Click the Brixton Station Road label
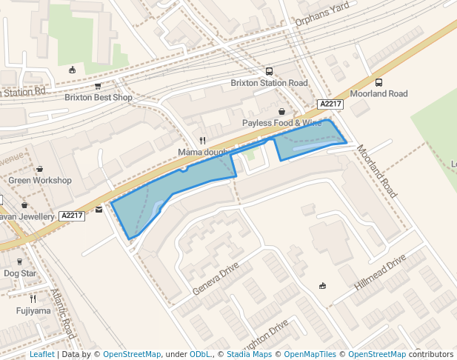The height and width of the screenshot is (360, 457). coord(269,83)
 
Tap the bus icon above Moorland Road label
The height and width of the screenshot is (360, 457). coord(379,82)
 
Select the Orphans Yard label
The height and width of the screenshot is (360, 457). coord(321,22)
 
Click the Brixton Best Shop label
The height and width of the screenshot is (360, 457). coord(98,97)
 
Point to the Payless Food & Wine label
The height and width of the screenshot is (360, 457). coord(282,122)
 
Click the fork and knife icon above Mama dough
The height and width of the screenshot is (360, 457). coord(202,140)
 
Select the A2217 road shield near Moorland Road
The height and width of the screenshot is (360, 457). coord(330,104)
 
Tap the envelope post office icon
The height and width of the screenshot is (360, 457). coord(99,210)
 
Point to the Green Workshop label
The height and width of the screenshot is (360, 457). coord(40,180)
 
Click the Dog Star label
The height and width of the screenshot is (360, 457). coord(20,273)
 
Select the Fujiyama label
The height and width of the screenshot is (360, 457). coord(33,310)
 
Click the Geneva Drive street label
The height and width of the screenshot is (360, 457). coord(216,278)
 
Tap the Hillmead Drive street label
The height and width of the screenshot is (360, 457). coord(381,273)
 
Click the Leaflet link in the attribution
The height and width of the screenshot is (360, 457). coord(41,354)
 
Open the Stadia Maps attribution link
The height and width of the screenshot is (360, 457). coord(248,354)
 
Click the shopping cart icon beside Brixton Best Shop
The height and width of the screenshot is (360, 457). coord(98,86)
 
